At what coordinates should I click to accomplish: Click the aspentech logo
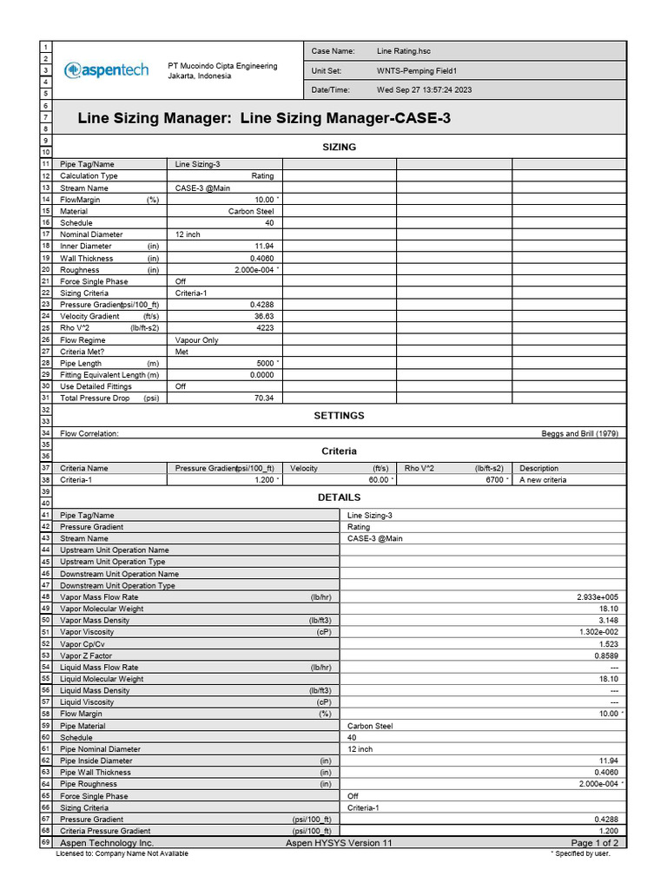106,70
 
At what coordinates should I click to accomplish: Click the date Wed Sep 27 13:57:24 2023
424,90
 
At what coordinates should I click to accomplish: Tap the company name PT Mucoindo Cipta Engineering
222,66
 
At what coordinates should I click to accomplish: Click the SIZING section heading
339,147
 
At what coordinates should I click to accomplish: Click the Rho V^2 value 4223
264,328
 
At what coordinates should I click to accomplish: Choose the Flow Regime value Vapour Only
196,340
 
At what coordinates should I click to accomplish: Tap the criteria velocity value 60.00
378,480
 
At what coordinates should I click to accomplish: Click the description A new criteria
543,480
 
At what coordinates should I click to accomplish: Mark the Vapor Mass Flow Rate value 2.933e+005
597,597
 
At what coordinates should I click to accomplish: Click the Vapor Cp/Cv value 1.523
608,644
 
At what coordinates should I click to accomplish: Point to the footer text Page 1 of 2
594,843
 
